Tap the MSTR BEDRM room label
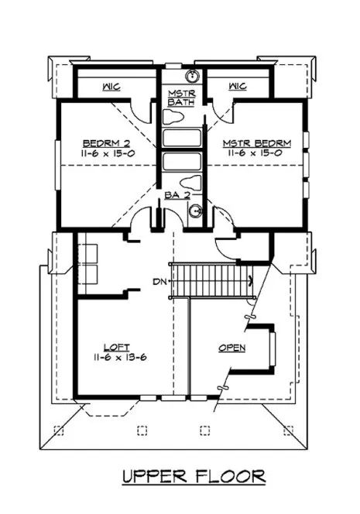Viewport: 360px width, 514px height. (x=245, y=143)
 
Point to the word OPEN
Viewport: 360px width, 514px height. (x=231, y=348)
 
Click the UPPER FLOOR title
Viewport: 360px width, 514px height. (x=194, y=476)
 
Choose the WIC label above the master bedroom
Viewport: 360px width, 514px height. (x=238, y=87)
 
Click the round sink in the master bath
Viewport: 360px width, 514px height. (x=194, y=76)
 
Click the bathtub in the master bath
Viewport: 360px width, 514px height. (x=182, y=139)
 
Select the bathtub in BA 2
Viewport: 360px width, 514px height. (x=182, y=163)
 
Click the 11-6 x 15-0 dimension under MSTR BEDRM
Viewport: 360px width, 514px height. (x=245, y=154)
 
